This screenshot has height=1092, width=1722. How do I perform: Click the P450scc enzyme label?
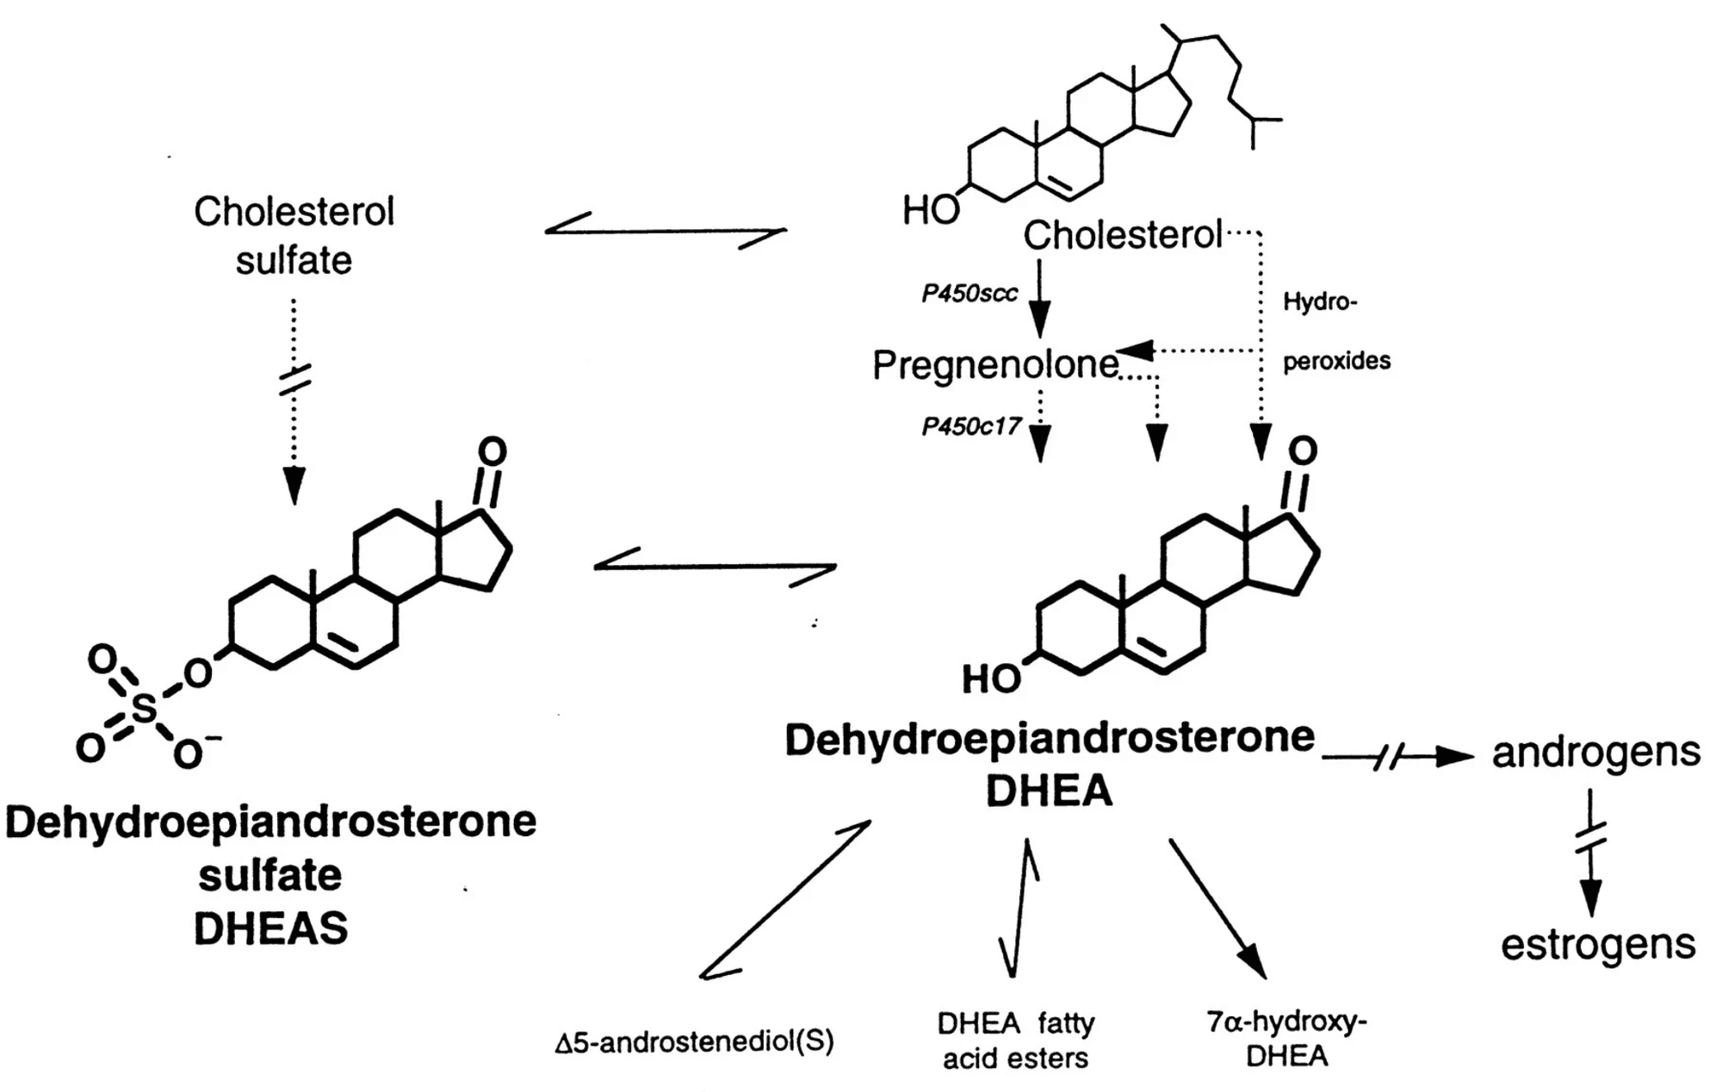click(x=969, y=294)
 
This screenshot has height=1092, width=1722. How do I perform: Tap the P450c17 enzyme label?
click(x=971, y=426)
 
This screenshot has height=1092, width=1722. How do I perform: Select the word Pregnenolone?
click(x=995, y=365)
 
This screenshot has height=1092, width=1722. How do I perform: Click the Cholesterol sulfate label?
click(x=294, y=235)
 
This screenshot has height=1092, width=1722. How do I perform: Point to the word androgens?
click(x=1595, y=753)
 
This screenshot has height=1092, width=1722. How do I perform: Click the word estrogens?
click(x=1598, y=945)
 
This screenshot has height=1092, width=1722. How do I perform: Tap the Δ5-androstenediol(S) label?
click(x=694, y=1042)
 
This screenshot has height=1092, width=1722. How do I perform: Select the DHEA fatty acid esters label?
click(x=1016, y=1040)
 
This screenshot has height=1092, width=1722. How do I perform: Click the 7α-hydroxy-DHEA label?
click(x=1286, y=1039)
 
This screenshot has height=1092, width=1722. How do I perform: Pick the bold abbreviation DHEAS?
click(x=270, y=929)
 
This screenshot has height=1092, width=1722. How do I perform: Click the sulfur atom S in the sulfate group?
click(x=145, y=710)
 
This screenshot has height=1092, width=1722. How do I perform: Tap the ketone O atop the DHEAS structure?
click(x=492, y=452)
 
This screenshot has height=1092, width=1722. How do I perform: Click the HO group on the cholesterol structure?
click(x=930, y=209)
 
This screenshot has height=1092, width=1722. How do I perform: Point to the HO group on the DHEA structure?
click(x=991, y=679)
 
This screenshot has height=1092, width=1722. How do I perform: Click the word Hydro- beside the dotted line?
click(x=1319, y=301)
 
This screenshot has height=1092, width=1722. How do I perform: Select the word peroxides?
click(x=1336, y=361)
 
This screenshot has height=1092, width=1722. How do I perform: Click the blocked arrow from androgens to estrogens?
click(x=1591, y=853)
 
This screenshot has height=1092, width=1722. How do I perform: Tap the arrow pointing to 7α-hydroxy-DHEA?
click(x=1216, y=909)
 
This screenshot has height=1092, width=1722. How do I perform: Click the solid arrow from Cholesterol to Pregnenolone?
click(x=1040, y=298)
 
